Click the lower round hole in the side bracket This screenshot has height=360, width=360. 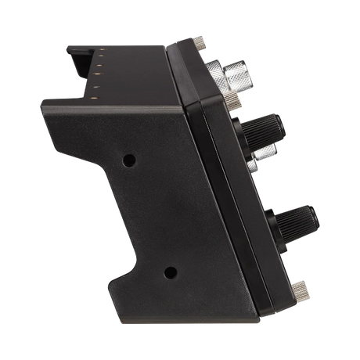(x=169, y=273)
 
